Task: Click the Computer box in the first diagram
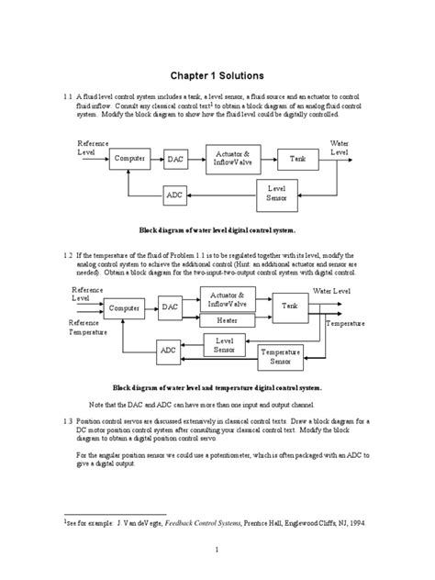click(132, 159)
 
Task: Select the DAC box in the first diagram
click(176, 160)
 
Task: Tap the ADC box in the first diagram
click(174, 195)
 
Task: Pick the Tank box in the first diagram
click(297, 159)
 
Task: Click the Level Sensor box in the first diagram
click(276, 192)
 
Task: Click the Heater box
click(227, 320)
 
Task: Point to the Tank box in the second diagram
click(290, 306)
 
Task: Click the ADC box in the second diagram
click(169, 350)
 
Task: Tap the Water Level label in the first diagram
click(339, 149)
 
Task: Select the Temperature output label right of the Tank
click(345, 324)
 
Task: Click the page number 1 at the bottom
click(217, 550)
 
